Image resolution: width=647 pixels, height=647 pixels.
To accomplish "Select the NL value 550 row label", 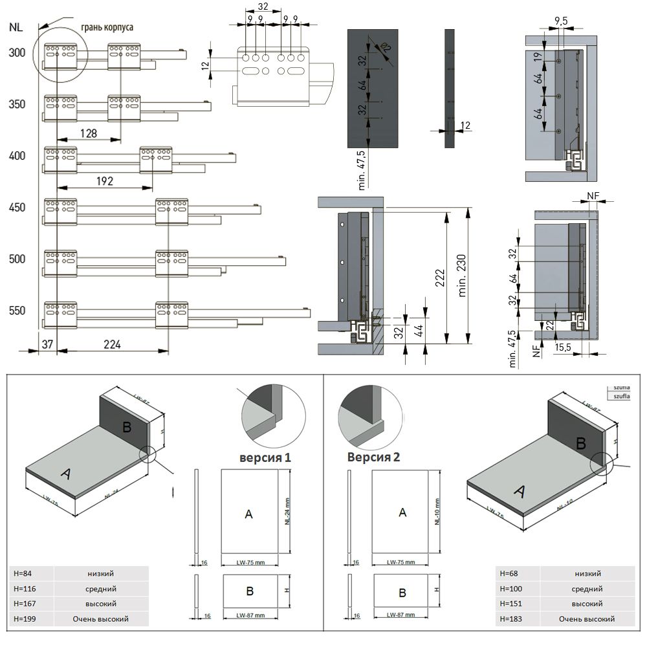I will click(17, 311).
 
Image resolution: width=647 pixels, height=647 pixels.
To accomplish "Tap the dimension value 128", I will click(89, 133).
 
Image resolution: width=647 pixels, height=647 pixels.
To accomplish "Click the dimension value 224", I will click(112, 344).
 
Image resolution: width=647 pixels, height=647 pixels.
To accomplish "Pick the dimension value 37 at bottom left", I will click(47, 344).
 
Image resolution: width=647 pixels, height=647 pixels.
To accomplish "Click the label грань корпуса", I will click(107, 28).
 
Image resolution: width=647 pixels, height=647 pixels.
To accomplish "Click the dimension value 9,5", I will click(560, 21).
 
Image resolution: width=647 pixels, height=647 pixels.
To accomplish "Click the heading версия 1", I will click(265, 457).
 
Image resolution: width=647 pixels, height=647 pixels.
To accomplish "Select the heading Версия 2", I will click(373, 457).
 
